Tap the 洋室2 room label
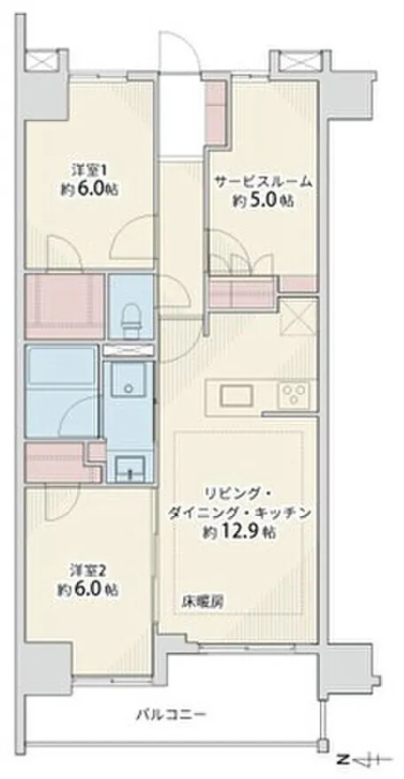(88, 569)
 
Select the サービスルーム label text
(263, 181)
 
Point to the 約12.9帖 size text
(239, 532)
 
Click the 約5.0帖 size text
(262, 201)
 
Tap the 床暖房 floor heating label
(202, 602)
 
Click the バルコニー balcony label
(171, 715)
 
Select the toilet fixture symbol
(131, 320)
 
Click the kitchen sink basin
(237, 396)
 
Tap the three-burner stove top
(295, 396)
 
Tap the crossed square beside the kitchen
(299, 317)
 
